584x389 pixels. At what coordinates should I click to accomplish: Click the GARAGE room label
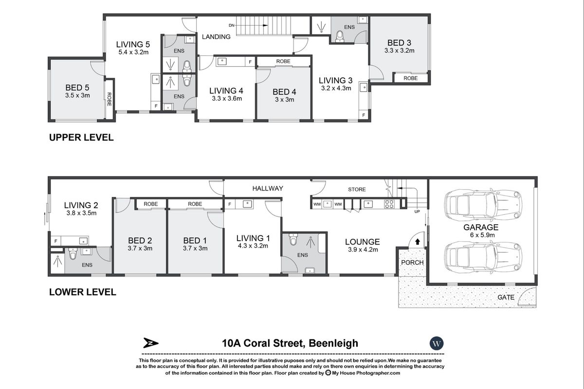(480, 227)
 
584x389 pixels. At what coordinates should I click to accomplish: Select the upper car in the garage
(483, 202)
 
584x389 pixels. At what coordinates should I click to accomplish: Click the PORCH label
(412, 263)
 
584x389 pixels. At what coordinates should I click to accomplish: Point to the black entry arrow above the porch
(417, 241)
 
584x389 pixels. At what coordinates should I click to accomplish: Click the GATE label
(505, 297)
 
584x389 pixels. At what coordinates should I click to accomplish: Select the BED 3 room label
(399, 42)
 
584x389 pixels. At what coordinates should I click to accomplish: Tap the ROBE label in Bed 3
(410, 78)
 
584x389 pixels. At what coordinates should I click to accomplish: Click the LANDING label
(216, 36)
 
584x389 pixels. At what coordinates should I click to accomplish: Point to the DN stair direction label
(232, 25)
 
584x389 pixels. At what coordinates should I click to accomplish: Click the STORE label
(356, 189)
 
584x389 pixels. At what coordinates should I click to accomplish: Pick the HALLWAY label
(267, 188)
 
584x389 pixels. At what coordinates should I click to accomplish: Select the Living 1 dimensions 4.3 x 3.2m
(253, 246)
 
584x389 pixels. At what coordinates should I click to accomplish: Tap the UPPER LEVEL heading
(81, 138)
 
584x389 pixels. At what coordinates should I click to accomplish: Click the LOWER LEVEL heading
(82, 292)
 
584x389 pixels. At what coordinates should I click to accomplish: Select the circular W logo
(437, 343)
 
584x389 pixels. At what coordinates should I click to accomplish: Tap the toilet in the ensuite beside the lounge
(293, 240)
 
